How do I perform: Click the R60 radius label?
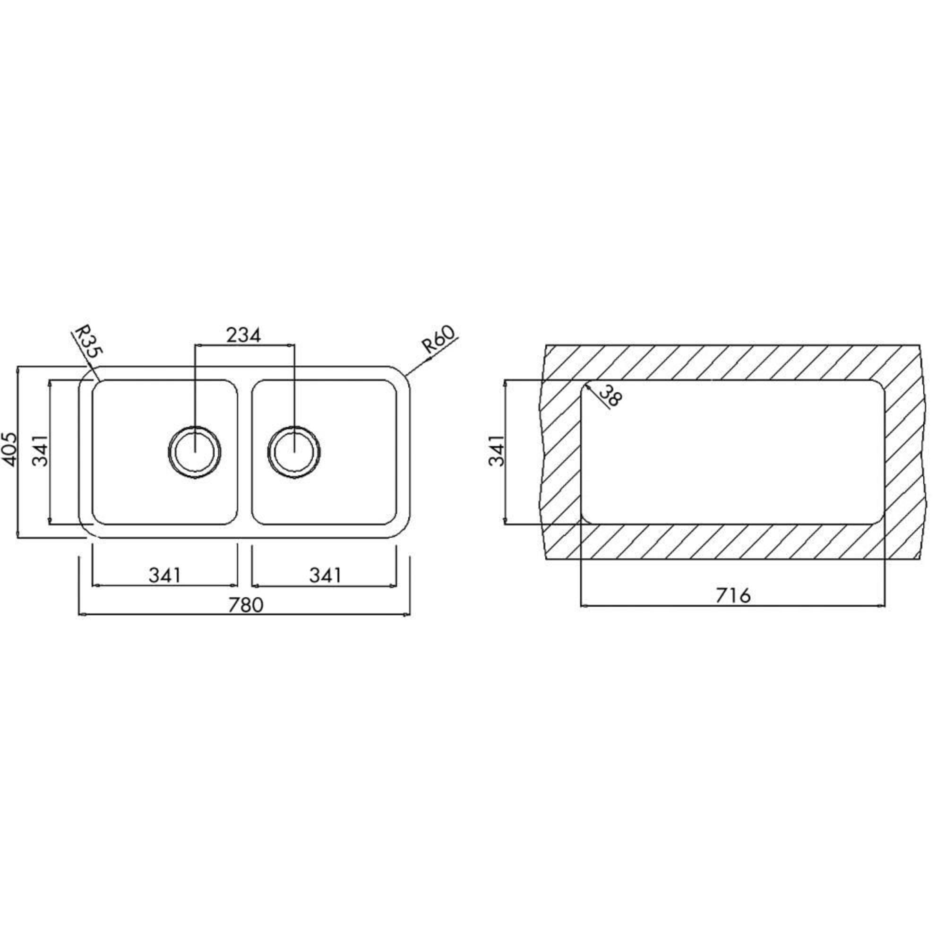439,338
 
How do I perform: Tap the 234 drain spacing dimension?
244,335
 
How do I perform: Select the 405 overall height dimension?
9,449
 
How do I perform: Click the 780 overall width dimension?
246,605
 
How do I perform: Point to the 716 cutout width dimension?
733,596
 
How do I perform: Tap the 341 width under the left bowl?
165,575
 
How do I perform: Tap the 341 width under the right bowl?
325,575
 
